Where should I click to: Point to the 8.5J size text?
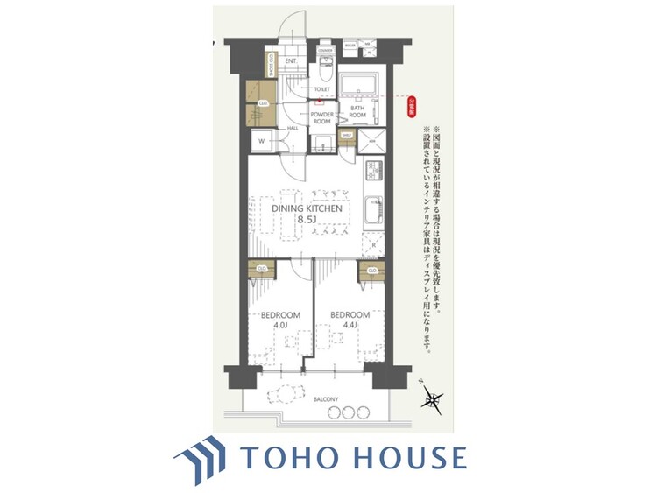point(306,220)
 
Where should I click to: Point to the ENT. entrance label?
point(293,60)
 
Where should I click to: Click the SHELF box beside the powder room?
point(346,136)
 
